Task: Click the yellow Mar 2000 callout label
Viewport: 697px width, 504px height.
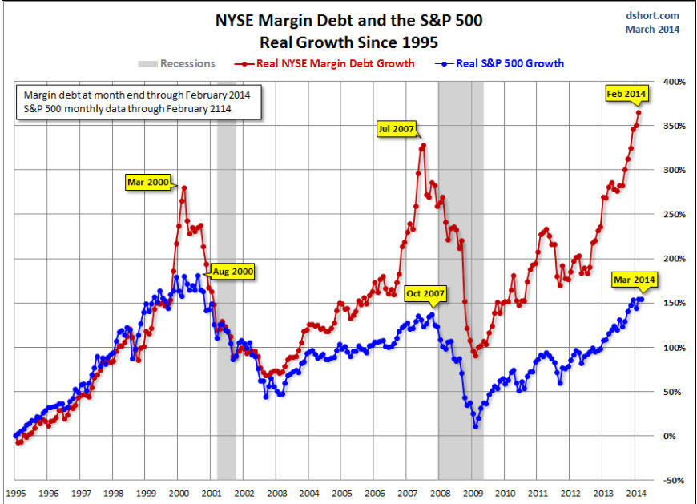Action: click(147, 182)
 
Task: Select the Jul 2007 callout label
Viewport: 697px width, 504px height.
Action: click(397, 127)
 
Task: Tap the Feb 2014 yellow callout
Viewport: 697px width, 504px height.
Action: click(625, 95)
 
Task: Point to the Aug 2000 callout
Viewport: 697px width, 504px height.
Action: click(232, 272)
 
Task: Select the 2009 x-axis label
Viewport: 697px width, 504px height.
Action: click(473, 494)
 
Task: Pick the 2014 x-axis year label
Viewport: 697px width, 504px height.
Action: click(637, 494)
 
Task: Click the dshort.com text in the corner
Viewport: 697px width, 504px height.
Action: click(652, 15)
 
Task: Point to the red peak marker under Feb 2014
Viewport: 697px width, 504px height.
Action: click(638, 113)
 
